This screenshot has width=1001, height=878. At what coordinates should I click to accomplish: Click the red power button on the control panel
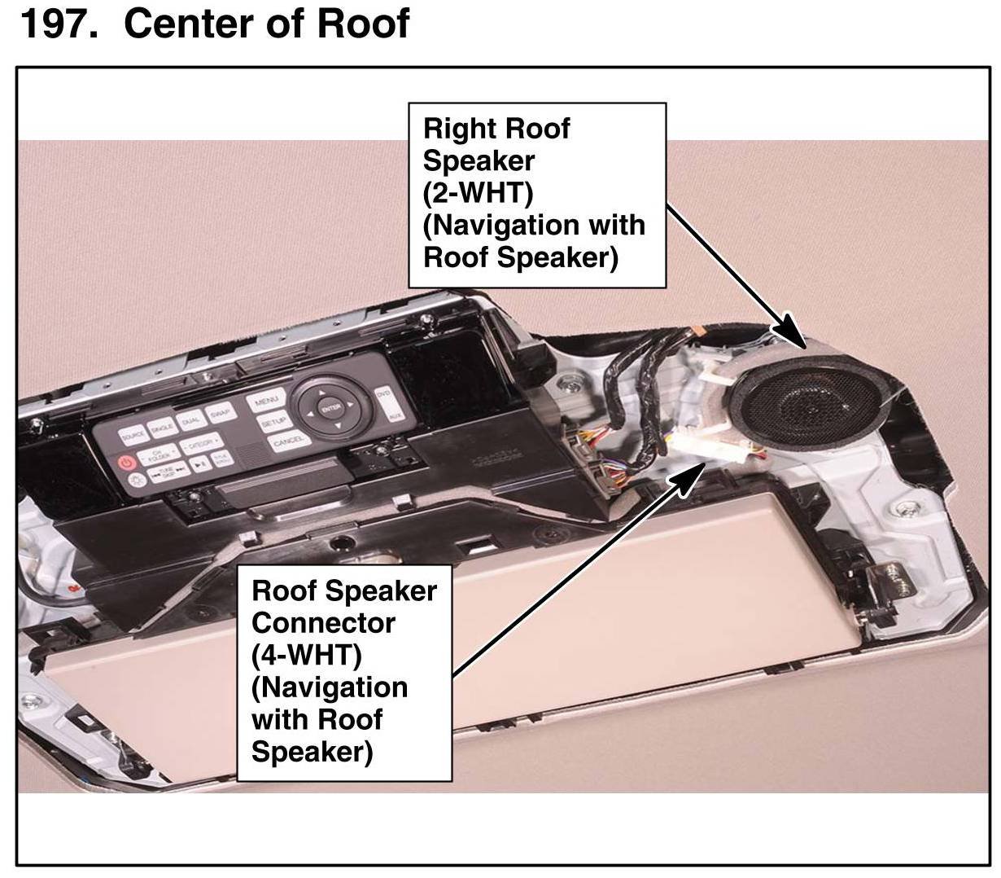click(126, 463)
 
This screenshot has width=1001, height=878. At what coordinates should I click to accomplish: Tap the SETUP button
click(271, 424)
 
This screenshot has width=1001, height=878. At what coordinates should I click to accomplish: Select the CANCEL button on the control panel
click(288, 442)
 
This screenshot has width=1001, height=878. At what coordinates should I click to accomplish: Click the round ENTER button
click(330, 409)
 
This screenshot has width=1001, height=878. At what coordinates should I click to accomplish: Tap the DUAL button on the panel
click(191, 419)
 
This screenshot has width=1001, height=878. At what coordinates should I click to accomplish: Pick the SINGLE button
click(162, 427)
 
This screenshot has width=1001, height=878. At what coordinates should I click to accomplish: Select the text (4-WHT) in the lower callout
click(306, 655)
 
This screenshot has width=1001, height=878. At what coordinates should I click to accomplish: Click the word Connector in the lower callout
click(323, 623)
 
